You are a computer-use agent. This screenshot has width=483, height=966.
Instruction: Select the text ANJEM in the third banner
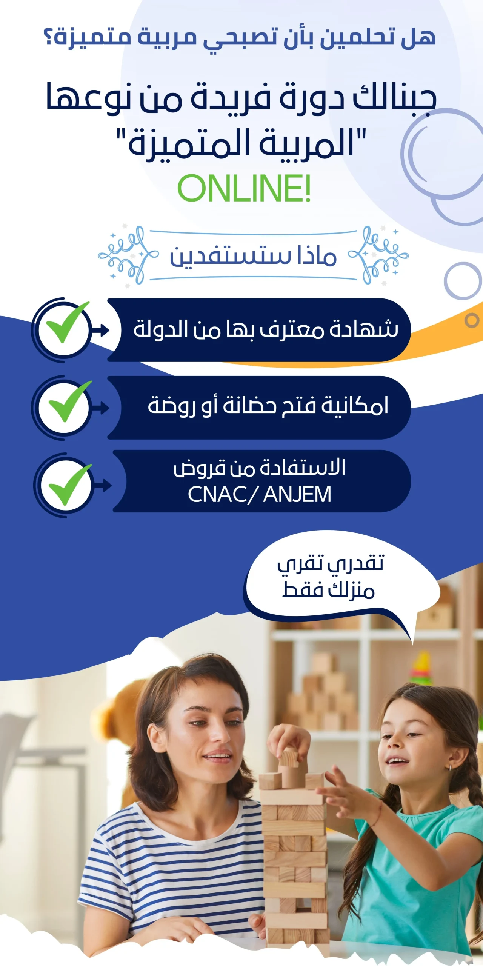click(x=297, y=494)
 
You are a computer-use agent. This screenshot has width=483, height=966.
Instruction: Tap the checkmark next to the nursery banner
click(x=70, y=401)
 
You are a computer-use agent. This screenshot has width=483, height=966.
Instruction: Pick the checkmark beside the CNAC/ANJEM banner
click(x=70, y=485)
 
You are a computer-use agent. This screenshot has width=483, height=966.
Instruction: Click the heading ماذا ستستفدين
click(x=253, y=255)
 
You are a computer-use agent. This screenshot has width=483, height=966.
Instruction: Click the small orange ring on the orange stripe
click(x=472, y=320)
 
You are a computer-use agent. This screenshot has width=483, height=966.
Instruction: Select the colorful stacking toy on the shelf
click(x=421, y=668)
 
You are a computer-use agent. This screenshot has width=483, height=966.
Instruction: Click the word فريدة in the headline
click(x=230, y=97)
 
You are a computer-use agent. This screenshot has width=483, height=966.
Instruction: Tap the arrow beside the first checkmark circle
click(x=101, y=331)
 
